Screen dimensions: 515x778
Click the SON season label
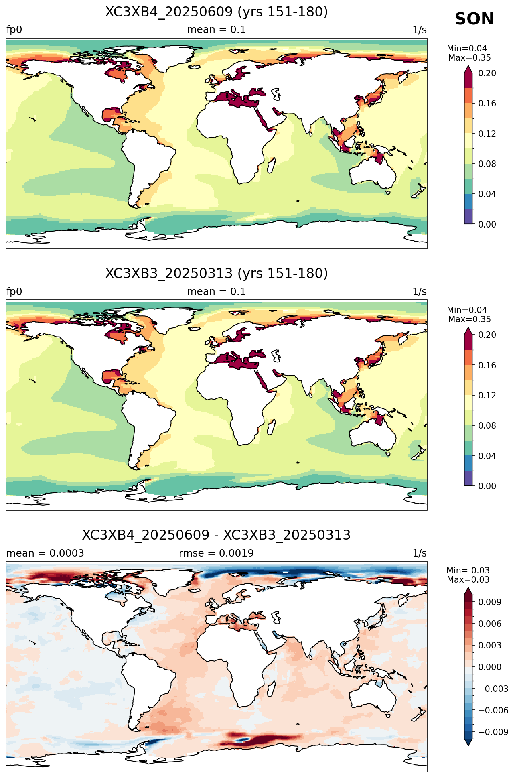point(474,19)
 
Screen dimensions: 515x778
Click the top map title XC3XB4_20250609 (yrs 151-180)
point(217,12)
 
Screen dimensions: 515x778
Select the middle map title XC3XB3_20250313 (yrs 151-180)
point(217,274)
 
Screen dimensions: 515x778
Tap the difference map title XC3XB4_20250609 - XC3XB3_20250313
point(217,535)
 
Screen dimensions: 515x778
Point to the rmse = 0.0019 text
point(216,553)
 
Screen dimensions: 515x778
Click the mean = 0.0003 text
point(45,553)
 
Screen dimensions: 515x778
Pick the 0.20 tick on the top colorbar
point(487,73)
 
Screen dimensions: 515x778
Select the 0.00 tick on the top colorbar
point(487,224)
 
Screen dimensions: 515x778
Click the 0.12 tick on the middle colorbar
point(487,396)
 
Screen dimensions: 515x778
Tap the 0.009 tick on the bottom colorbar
point(489,602)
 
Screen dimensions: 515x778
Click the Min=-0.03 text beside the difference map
point(468,571)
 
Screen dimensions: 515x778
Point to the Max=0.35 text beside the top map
point(469,58)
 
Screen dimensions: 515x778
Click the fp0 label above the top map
point(14,30)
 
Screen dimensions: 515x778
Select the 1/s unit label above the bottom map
point(420,553)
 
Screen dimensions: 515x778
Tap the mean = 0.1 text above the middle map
point(216,292)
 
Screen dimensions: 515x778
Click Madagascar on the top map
point(271,165)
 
